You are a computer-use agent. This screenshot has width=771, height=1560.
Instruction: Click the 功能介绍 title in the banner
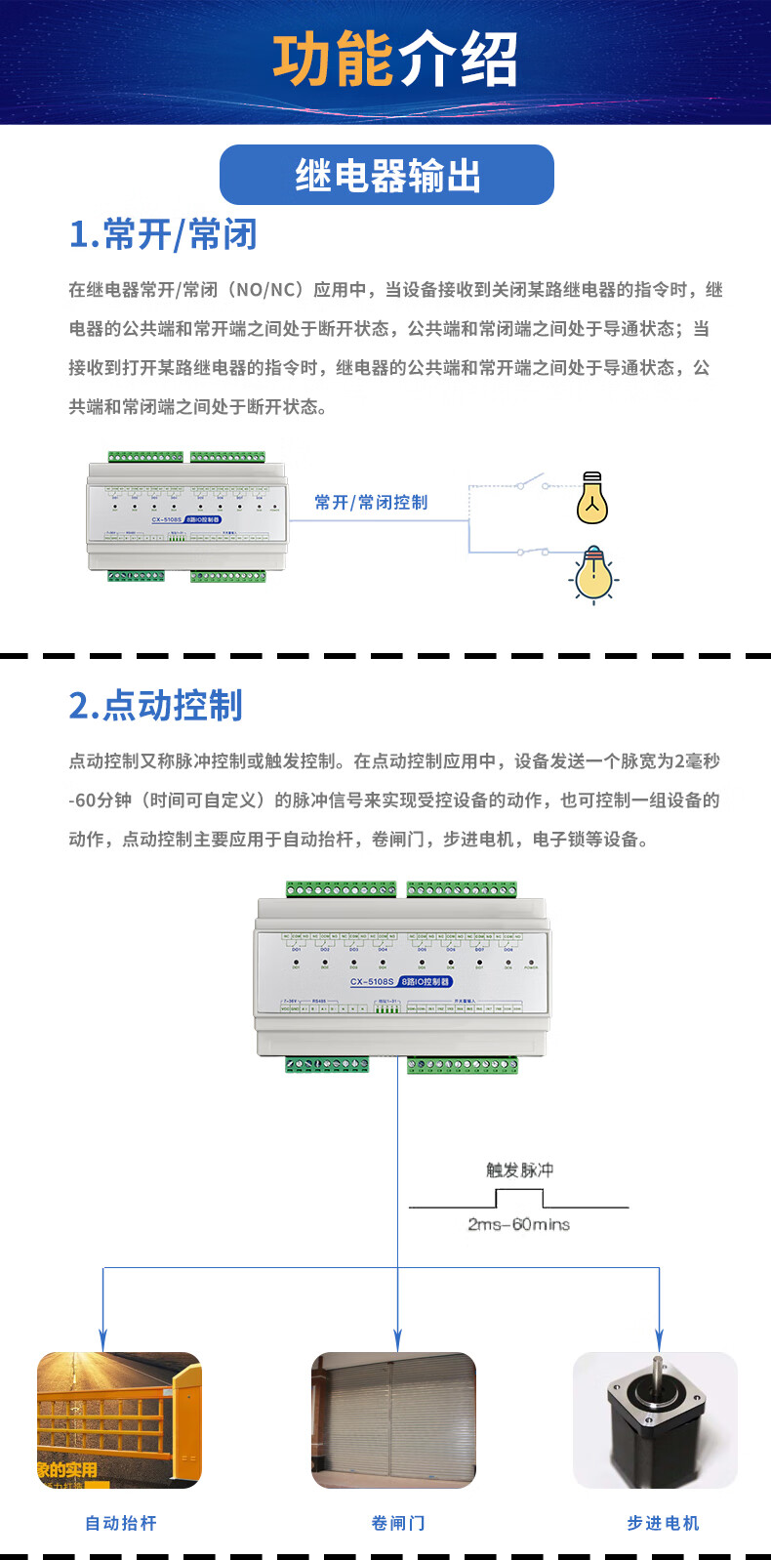394,61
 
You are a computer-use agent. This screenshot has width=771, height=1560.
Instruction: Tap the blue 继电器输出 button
386,176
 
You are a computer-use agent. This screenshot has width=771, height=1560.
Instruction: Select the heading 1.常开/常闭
163,234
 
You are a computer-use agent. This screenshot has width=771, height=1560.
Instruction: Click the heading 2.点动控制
155,705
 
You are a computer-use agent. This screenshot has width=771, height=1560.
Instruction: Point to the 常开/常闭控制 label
371,502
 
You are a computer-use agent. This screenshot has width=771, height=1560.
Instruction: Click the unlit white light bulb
592,498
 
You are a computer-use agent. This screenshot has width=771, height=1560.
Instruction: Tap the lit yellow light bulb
592,575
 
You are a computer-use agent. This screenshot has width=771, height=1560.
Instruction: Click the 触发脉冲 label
519,1170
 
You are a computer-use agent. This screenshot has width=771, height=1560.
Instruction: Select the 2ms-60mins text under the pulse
518,1224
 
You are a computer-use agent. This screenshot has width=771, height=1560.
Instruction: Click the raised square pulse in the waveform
518,1197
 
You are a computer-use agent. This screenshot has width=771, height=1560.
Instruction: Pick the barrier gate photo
119,1419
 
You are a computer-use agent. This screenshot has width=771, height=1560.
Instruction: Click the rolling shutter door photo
393,1419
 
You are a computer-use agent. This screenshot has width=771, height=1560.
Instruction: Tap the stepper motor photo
655,1419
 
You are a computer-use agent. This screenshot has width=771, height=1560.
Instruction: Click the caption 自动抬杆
121,1523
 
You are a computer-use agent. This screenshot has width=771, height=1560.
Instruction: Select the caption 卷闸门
398,1523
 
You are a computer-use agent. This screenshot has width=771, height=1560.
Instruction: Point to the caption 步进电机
663,1523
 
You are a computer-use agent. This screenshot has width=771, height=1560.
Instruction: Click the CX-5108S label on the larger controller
372,981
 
